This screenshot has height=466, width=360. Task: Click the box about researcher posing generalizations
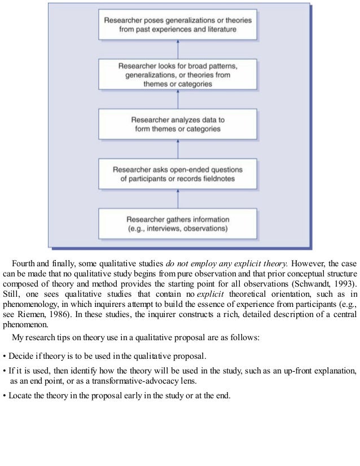pos(178,23)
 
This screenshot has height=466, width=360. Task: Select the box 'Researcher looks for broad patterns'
pos(178,73)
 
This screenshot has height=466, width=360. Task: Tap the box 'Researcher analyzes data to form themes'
pos(178,124)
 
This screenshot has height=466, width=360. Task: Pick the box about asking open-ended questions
pos(178,174)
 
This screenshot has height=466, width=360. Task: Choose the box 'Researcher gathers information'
pos(178,224)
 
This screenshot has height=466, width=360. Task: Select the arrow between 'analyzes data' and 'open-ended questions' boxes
pos(178,149)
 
